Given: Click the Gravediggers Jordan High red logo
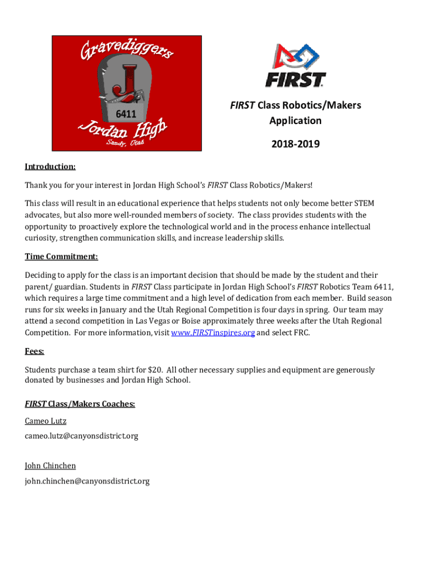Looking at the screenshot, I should pos(127,93).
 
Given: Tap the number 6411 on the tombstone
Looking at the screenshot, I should pos(126,114).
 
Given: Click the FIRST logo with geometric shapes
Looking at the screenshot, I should pos(295,65).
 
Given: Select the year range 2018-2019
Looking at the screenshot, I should pos(295,144).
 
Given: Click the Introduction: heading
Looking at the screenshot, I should pos(50,166).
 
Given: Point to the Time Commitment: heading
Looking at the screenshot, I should pos(61,256).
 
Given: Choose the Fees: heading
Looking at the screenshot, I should pos(35,351).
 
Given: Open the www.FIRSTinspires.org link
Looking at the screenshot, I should pos(213,333).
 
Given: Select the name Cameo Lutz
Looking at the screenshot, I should pos(45,421).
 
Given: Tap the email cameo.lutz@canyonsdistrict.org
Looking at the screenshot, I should pos(81,436).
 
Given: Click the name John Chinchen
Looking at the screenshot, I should pos(50,465).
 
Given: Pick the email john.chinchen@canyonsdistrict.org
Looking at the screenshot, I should pos(87,481).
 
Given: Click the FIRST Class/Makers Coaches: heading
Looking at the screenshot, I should pos(80,404).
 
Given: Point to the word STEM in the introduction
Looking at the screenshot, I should pos(363,204).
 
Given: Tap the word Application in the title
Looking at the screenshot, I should pos(295,120).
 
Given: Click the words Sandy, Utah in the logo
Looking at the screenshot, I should pos(125,143).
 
